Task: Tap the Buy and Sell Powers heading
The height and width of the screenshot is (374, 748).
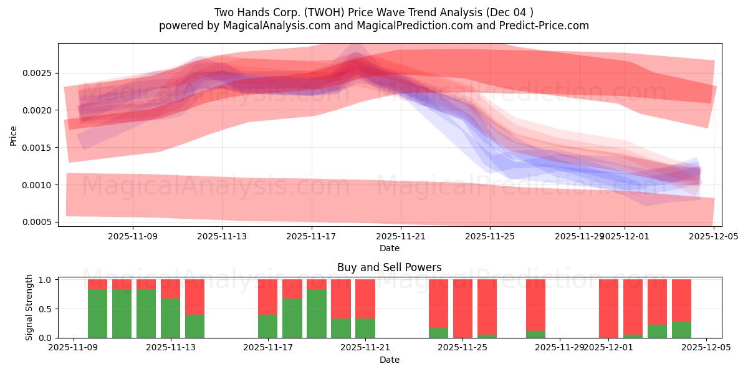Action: pos(389,267)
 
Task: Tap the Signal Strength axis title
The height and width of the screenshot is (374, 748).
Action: pos(29,307)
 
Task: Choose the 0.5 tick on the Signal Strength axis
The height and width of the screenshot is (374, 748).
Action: pos(47,309)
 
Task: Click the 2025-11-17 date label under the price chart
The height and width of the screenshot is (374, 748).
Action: pos(311,236)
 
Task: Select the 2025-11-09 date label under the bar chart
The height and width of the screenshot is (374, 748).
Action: pos(73,348)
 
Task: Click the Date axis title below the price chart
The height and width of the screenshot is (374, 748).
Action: pos(389,248)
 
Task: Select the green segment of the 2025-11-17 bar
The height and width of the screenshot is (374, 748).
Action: pos(267,326)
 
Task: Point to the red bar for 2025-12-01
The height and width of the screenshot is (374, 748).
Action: pos(608,309)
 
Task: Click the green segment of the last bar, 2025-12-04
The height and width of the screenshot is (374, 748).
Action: pos(681,330)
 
